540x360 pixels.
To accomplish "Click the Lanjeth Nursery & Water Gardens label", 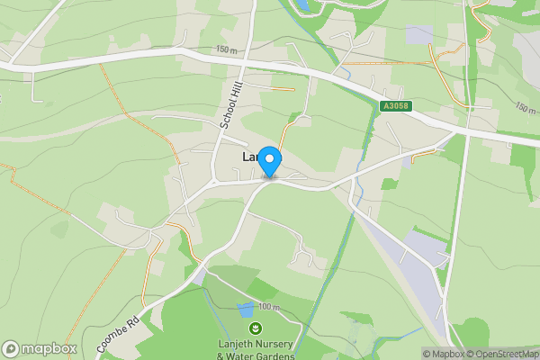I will pyautogui.click(x=256, y=349).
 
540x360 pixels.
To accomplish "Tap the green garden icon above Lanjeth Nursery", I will pyautogui.click(x=256, y=328).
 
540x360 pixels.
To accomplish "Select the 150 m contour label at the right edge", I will pyautogui.click(x=526, y=108).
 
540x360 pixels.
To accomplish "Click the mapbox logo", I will pyautogui.click(x=40, y=348).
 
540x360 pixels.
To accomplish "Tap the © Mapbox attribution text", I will pyautogui.click(x=444, y=354).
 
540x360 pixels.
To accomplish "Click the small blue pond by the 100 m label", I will pyautogui.click(x=244, y=310).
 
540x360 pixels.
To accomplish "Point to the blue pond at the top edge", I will pyautogui.click(x=303, y=6).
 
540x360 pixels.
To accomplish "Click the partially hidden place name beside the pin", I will pyautogui.click(x=250, y=157).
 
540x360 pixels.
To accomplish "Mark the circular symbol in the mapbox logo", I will pyautogui.click(x=11, y=348).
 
